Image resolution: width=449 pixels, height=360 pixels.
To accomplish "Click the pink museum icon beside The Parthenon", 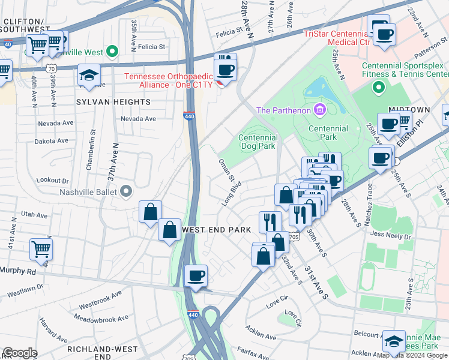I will point(319,110).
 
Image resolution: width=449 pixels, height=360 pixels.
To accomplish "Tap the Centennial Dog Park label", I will point(258,142).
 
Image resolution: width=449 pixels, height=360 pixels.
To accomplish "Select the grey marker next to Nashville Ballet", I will point(125,192).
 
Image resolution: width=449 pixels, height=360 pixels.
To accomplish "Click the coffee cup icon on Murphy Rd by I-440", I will point(196,277).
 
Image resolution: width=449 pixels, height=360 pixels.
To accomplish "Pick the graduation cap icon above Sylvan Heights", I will point(89,76).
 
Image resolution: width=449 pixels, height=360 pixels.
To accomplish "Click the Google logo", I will point(20,353).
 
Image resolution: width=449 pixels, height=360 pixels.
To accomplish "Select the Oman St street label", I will point(225,169).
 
